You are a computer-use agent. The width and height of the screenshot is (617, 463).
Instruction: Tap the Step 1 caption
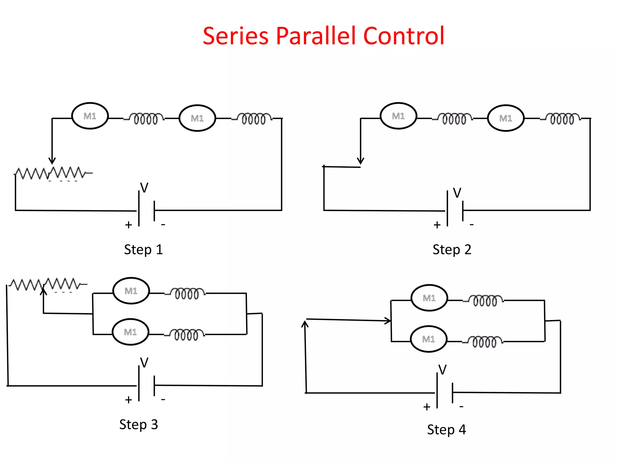coord(143,250)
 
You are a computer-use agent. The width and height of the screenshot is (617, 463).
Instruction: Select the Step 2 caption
coord(452,250)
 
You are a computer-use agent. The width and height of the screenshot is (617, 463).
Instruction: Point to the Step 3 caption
coord(139,425)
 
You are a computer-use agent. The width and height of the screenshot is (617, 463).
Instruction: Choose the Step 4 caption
coord(446,430)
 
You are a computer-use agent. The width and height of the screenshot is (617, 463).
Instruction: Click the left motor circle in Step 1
coord(90,116)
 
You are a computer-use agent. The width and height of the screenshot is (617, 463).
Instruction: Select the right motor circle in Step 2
coord(506,118)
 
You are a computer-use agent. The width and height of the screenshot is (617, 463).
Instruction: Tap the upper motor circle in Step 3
coord(131,291)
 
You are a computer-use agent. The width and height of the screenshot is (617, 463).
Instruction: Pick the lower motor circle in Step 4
coord(429,339)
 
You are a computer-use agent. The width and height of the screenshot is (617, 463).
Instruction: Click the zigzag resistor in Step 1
coord(50,173)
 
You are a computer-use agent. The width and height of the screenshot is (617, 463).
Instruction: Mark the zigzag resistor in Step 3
coord(45,284)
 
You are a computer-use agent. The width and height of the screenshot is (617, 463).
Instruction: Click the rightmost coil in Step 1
coord(254,118)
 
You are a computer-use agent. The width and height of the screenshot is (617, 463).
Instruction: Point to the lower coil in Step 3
coord(186,335)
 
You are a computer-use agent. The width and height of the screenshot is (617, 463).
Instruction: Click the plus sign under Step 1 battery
coord(129,225)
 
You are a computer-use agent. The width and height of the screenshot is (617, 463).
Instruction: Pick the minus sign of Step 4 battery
coord(461,407)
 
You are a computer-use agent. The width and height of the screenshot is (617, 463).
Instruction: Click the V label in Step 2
coord(457,193)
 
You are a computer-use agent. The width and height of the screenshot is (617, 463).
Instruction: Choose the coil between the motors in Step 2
coord(454,118)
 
